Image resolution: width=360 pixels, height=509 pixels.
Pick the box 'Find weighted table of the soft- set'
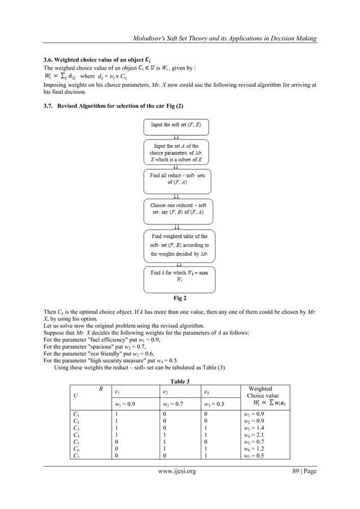(179, 245)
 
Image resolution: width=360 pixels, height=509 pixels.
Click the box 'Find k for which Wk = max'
(179, 276)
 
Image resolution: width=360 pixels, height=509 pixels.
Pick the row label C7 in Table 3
(77, 458)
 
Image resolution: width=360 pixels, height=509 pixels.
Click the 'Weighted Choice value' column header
(260, 392)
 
